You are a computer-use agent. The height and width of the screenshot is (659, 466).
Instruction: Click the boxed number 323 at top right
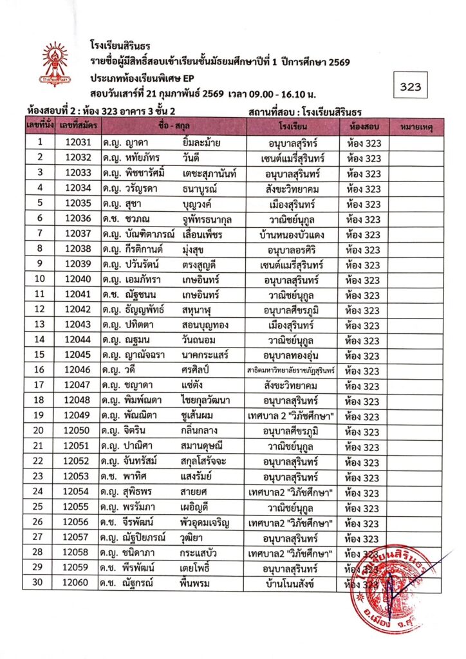tap(410, 87)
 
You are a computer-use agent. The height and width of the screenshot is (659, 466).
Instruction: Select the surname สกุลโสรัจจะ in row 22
tap(207, 461)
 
